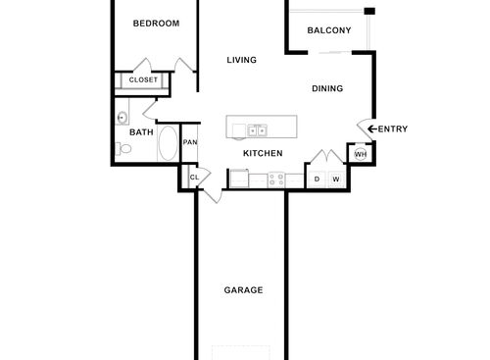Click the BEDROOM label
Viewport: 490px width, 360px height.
pos(156,23)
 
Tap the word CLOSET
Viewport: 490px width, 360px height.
pos(143,79)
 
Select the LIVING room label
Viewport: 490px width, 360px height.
pos(241,60)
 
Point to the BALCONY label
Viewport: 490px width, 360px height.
pos(328,30)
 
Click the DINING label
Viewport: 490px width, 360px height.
pos(327,88)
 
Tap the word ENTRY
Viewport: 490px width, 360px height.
pos(393,129)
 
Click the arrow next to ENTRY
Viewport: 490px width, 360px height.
pos(370,129)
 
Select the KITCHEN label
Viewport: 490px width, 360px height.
pos(263,153)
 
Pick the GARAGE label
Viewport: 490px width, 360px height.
pos(242,290)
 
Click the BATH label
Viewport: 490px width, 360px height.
pos(141,131)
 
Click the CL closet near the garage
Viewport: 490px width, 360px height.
pos(193,178)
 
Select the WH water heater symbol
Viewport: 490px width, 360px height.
pos(360,154)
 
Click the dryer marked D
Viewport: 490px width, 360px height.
pos(317,179)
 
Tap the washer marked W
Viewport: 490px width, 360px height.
pos(335,179)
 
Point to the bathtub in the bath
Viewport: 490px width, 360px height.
pos(169,144)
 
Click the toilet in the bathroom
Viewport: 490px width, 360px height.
pos(123,149)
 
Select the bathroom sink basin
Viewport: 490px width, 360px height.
pos(122,118)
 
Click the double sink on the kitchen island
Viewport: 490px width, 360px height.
pos(257,129)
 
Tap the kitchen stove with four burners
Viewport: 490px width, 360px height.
pos(276,179)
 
